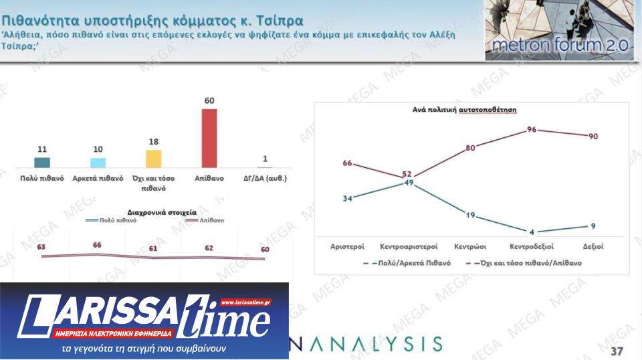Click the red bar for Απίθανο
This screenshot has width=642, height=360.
tap(209, 138)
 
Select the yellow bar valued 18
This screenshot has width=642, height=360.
tap(153, 159)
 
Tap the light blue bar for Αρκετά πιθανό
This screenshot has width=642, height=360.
tap(98, 163)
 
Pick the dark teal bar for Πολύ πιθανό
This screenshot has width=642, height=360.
tap(42, 162)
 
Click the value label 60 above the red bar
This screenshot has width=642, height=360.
tap(209, 101)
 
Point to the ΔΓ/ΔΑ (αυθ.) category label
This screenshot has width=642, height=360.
tap(265, 179)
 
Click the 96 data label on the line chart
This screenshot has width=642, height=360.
tap(532, 129)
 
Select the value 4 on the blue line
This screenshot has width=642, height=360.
tap(532, 232)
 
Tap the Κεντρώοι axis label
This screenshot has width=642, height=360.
tap(470, 247)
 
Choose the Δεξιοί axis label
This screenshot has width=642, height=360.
tap(593, 247)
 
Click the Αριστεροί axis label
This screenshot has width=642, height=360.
tap(348, 247)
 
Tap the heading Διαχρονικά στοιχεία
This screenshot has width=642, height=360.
tap(157, 212)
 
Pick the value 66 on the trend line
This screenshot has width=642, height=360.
tap(97, 246)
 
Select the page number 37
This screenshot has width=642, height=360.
tap(617, 351)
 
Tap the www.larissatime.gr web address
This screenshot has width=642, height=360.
tap(245, 302)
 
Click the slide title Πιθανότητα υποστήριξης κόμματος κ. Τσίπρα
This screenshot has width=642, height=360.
tap(152, 21)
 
